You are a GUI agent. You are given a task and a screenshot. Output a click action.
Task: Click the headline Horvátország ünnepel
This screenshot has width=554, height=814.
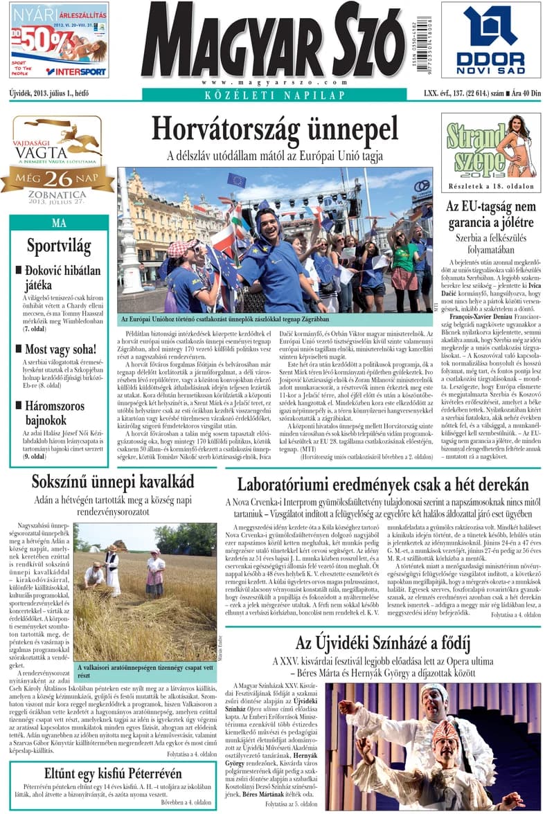275,129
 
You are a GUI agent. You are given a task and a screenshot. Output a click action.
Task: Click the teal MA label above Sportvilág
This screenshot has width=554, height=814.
59,223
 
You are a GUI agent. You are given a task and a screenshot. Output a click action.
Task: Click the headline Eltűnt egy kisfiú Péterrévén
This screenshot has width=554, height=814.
113,773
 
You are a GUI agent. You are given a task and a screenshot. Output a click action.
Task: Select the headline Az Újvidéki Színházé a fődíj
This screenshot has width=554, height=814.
382,643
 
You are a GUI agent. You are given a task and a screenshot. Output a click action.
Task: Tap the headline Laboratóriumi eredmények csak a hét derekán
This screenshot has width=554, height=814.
382,485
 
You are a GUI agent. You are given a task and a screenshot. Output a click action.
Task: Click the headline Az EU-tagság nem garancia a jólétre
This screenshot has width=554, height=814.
490,215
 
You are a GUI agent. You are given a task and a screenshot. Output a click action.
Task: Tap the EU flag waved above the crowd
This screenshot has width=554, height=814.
236,181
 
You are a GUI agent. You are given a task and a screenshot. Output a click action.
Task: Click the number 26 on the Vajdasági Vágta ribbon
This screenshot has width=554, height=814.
59,179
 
